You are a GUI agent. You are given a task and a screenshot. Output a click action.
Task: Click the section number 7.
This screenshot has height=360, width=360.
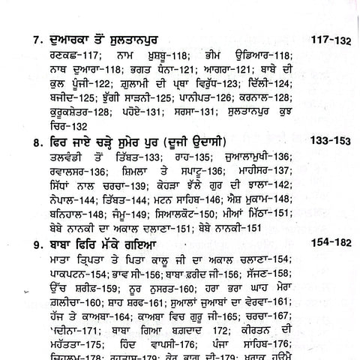click(x=28, y=36)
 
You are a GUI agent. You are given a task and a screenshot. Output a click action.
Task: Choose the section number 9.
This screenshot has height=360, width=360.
click(x=28, y=265)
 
